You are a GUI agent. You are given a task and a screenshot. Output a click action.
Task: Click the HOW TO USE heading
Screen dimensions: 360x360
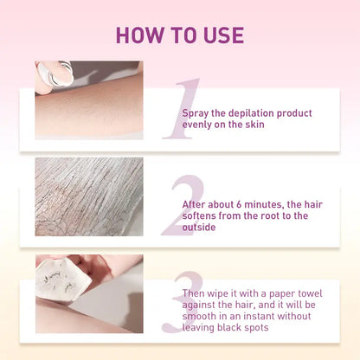[180, 35]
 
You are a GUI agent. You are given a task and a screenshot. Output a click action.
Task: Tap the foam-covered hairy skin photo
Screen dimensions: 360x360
[88, 196]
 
